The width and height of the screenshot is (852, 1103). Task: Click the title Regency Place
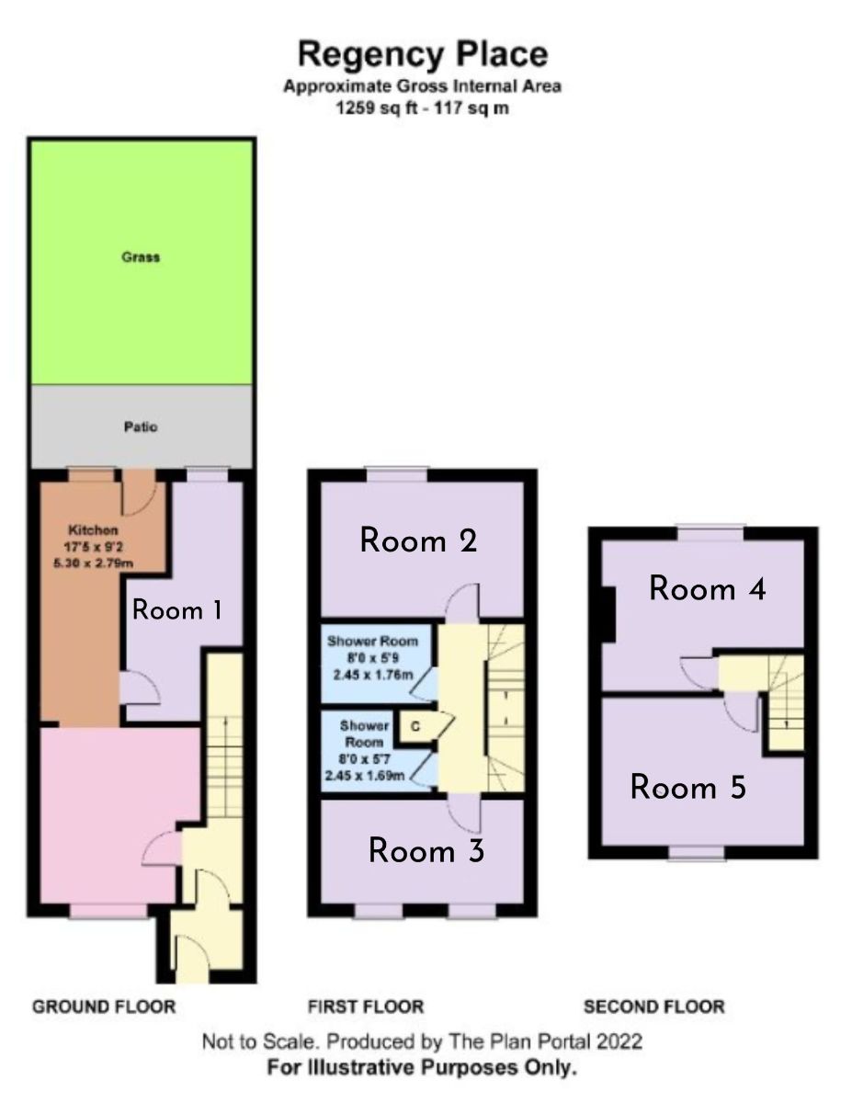coord(423,54)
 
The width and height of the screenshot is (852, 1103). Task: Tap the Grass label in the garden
coord(141,257)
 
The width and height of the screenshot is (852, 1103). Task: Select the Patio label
coord(141,427)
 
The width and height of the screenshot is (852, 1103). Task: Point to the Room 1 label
coord(178,609)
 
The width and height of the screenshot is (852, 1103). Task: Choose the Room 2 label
coord(418,540)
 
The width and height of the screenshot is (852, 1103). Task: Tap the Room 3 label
coord(426,851)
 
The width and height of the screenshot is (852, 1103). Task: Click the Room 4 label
coord(708,588)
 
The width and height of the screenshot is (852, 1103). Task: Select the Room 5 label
coord(687,788)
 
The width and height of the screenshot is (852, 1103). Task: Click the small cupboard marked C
coord(415,726)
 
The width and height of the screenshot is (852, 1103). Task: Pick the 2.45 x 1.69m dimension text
coord(366,775)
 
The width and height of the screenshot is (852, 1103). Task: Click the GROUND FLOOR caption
coord(104,1006)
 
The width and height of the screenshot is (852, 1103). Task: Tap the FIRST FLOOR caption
coord(367,1006)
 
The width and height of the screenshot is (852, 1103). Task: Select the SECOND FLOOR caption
coord(654,1006)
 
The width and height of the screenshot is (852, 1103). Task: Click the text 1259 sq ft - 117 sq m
coord(423,108)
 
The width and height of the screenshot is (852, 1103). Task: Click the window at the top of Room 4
coord(710,530)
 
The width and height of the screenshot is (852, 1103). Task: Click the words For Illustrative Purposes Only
coord(423,1069)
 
